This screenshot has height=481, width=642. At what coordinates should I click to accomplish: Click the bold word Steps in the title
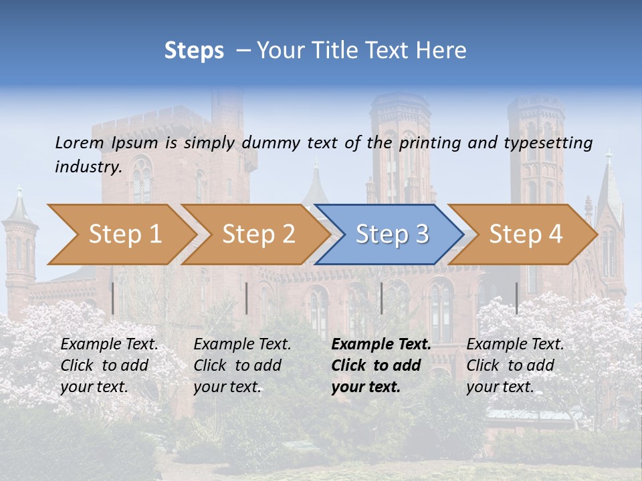(194, 51)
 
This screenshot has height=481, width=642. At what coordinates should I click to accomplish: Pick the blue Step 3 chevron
(392, 234)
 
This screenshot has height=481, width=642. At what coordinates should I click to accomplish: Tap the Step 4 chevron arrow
(526, 234)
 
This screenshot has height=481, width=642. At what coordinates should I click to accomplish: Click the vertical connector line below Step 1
(113, 298)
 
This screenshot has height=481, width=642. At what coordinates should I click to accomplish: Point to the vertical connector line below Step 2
(247, 298)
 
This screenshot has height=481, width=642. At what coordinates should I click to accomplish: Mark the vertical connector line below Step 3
(381, 298)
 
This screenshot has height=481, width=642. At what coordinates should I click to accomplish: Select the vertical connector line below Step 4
(516, 298)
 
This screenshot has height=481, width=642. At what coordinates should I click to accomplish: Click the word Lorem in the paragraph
(79, 142)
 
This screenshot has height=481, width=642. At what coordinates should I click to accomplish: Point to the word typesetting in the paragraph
(548, 143)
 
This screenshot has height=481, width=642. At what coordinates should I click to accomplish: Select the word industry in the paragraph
(88, 166)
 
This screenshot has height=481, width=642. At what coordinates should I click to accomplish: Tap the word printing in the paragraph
(431, 143)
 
